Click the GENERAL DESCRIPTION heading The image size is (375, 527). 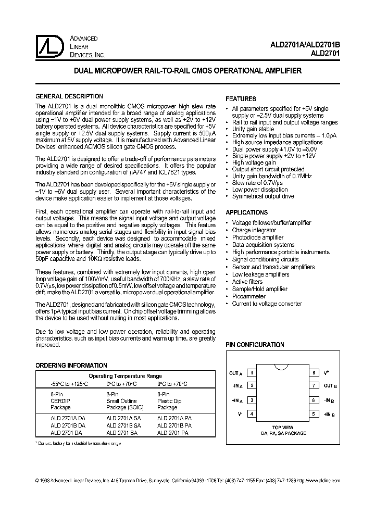tap(69, 96)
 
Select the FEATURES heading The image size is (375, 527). tap(241, 99)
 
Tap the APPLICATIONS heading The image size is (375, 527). tap(246, 212)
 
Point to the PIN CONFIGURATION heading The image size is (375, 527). tap(255, 345)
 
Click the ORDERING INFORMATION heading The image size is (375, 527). tap(71, 366)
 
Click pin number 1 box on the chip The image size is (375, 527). tap(252, 373)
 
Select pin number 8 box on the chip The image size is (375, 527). tap(314, 373)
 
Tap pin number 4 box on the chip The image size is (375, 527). tap(252, 415)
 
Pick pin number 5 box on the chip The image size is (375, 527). tap(314, 415)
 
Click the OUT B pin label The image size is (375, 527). tap(330, 386)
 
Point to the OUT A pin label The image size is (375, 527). tap(236, 373)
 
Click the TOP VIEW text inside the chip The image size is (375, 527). tap(283, 427)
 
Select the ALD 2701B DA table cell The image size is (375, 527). tap(68, 425)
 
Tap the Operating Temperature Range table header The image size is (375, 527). tap(125, 376)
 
